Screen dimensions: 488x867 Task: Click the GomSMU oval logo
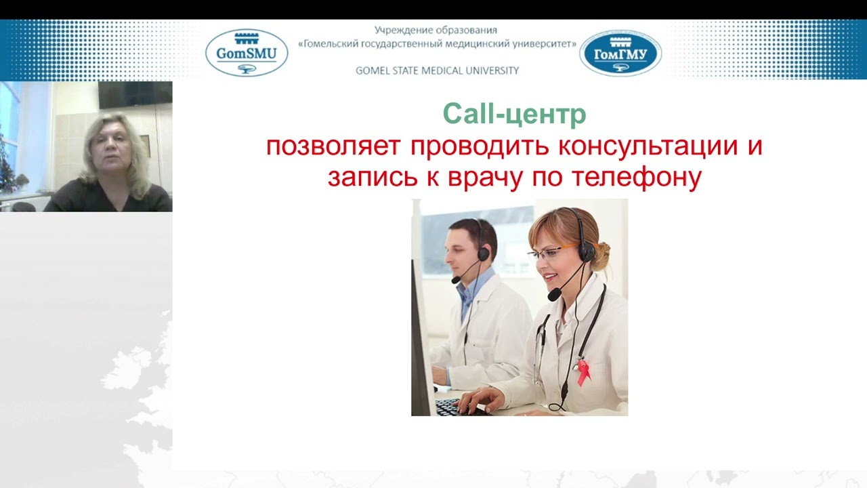(247, 52)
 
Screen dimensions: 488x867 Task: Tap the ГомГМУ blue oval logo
(620, 53)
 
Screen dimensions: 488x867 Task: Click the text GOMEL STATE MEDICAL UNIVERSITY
(437, 70)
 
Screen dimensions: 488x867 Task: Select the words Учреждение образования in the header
(436, 30)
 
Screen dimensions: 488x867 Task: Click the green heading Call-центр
(514, 115)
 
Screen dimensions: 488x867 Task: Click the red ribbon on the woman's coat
(583, 371)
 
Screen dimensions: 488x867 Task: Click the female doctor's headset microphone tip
(554, 295)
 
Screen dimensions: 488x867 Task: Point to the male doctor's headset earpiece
(483, 253)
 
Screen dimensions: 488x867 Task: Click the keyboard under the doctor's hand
(450, 407)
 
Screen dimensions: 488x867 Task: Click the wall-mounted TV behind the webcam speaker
(135, 95)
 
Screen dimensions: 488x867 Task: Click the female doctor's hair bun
(601, 254)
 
